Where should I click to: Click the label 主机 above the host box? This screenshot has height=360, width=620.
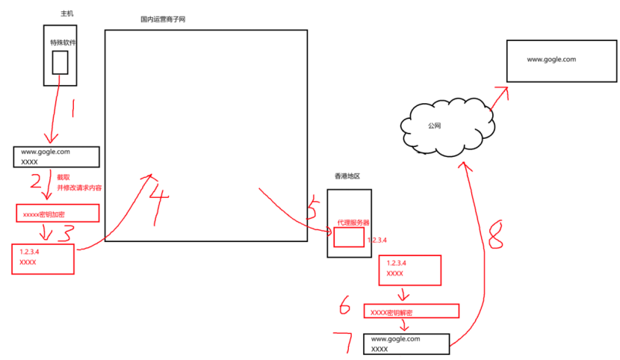pos(66,14)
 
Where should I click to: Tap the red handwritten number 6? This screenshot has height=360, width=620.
pos(345,306)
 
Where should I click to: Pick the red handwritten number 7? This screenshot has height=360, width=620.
pos(347,341)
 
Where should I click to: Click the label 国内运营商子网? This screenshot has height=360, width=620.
pos(162,19)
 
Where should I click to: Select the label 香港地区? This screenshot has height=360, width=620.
pos(347,176)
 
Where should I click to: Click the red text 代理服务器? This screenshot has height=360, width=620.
pos(353,223)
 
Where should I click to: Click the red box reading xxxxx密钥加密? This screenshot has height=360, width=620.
pos(58,213)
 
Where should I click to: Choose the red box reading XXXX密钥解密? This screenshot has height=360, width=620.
pos(411,311)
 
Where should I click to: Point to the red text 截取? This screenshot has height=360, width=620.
pos(66,178)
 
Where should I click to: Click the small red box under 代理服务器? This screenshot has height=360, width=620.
pos(349,238)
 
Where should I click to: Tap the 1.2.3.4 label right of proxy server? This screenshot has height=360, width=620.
pos(379,240)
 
